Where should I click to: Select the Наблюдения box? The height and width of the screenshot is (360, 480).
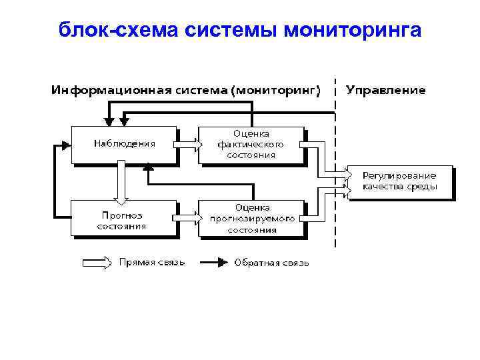[124, 143]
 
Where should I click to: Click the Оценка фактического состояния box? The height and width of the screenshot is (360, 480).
[251, 144]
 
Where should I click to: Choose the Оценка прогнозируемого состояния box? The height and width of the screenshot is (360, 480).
[251, 219]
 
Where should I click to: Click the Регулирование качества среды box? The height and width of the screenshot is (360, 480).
[400, 182]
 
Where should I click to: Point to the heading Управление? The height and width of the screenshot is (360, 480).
[385, 89]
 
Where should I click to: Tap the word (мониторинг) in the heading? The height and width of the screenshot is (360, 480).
[275, 89]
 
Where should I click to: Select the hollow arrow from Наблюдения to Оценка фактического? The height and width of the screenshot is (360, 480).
[187, 143]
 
